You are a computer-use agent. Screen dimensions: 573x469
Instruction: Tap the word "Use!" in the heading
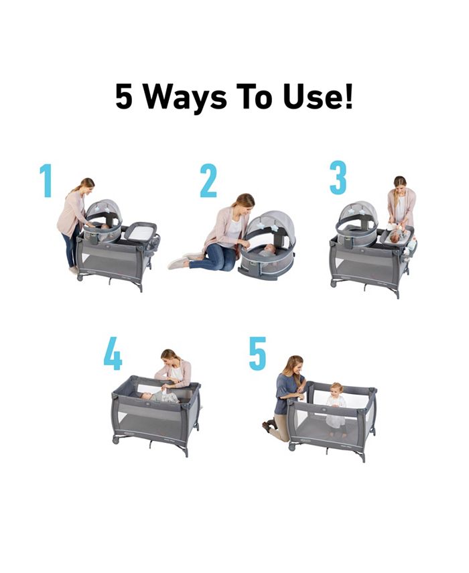[320, 98]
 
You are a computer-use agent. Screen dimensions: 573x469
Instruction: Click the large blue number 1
[46, 180]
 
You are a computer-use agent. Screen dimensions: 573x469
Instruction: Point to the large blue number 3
[338, 177]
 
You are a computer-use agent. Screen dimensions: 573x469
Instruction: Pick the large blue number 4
[113, 354]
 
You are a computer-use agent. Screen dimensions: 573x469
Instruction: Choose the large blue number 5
[257, 354]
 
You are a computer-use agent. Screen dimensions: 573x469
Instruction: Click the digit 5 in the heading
[124, 98]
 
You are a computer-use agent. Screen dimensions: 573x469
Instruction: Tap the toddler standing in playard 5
[336, 406]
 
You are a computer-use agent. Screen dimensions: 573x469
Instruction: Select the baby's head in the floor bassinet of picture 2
[267, 249]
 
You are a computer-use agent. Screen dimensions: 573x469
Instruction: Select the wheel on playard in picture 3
[333, 283]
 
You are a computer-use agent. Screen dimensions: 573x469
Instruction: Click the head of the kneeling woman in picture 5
[293, 365]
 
